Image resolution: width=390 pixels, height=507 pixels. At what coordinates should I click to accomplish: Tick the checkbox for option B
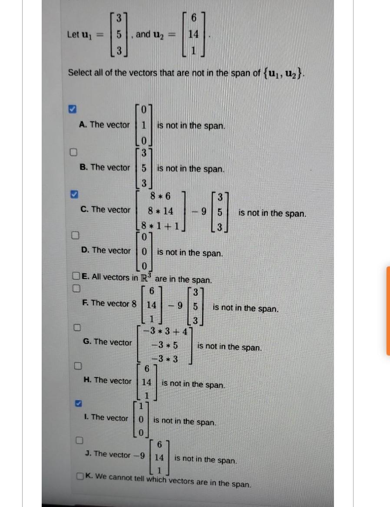tap(74, 152)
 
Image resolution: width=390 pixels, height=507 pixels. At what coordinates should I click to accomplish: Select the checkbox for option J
tap(79, 440)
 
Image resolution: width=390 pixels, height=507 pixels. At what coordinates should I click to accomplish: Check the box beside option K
tap(80, 477)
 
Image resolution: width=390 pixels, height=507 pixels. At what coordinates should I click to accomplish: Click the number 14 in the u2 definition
tap(194, 34)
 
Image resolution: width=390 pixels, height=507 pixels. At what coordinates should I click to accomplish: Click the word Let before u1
tap(73, 34)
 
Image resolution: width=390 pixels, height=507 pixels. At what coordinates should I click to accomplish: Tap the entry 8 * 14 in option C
tap(160, 211)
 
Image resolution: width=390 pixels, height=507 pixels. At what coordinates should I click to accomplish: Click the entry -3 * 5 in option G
tap(165, 346)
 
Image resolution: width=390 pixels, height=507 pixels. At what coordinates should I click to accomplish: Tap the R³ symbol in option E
tap(146, 277)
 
